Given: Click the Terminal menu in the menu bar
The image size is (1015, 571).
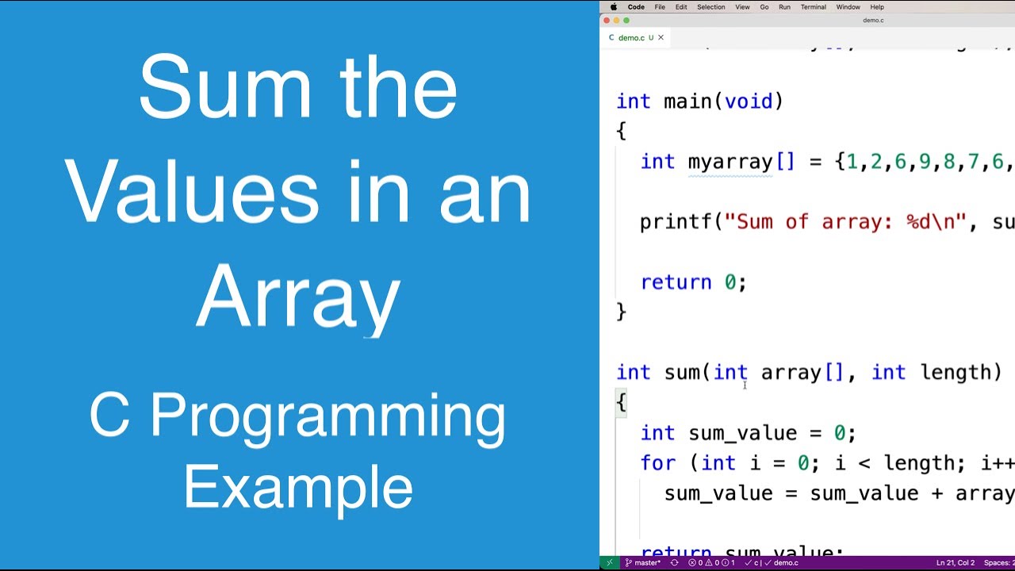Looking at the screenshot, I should coord(813,7).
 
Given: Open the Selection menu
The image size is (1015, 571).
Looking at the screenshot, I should coord(710,7).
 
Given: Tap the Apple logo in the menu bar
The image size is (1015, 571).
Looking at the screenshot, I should coord(613,7).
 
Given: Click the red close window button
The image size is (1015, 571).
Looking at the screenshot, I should coord(607,21).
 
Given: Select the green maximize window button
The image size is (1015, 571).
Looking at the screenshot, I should coord(626,21).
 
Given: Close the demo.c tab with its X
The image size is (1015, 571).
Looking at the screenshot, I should coord(661,37).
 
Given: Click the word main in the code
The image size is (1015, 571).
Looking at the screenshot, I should coord(688,102).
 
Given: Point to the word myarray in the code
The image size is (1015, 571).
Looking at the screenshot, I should coord(730,162).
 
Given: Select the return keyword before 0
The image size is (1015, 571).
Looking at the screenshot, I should coord(676,282).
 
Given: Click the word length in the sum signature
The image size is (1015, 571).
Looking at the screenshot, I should coord(956,373).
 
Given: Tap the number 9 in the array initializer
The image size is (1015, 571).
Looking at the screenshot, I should coord(925,162).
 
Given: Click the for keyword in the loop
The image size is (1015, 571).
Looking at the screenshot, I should coord(657,463).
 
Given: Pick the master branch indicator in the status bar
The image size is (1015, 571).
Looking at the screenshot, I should coord(643,563).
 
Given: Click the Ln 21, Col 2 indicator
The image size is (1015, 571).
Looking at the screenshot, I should coord(955,563).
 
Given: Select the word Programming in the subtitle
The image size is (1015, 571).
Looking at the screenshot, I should coord(327,416).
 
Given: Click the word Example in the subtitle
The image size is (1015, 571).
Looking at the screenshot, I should coord(298,487).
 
